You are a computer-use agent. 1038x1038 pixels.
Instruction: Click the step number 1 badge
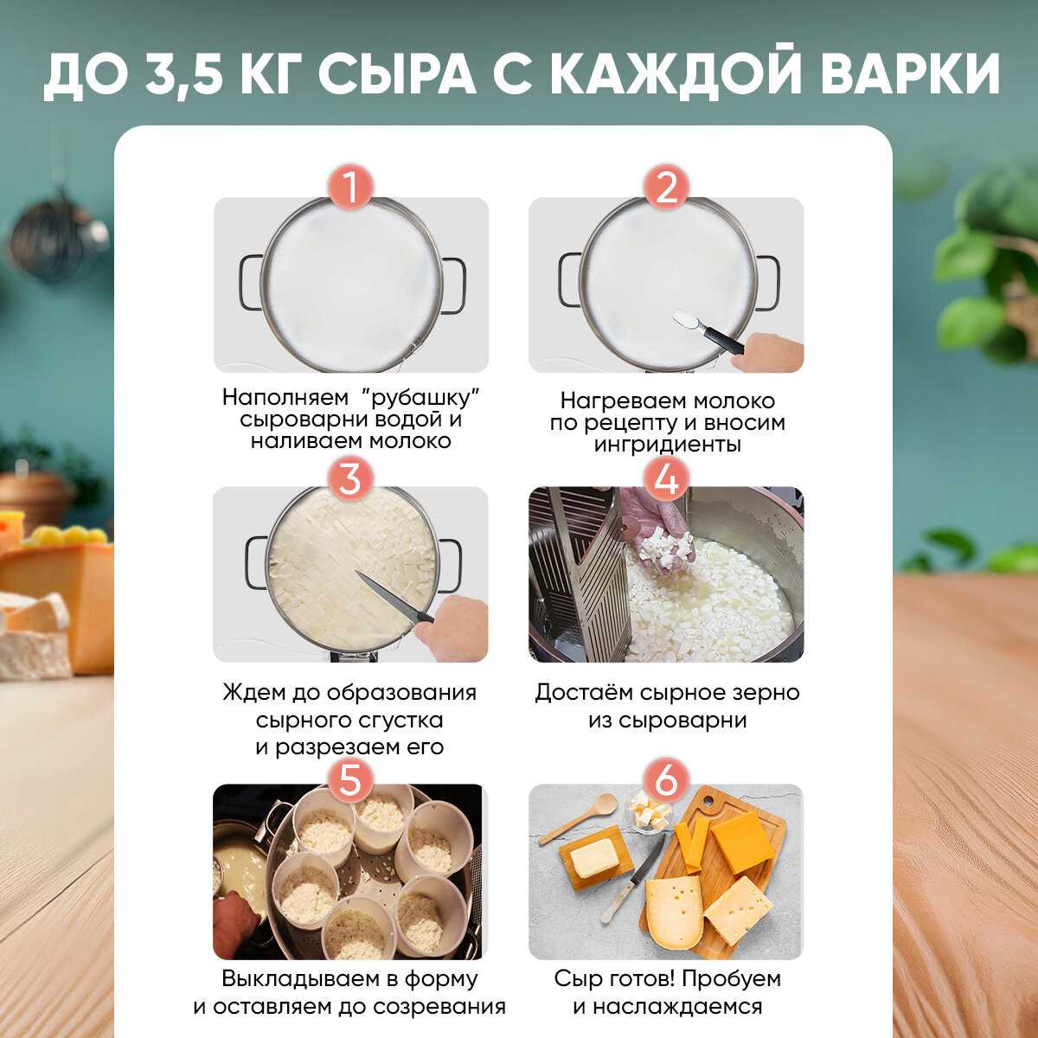[x=350, y=188]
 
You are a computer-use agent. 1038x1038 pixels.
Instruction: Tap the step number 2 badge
[x=666, y=188]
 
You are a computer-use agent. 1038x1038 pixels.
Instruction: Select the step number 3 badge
[x=350, y=479]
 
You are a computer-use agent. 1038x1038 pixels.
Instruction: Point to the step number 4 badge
[x=666, y=479]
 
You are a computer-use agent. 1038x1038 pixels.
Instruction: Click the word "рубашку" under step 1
[x=418, y=398]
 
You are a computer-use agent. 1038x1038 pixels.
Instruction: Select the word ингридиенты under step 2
[x=667, y=445]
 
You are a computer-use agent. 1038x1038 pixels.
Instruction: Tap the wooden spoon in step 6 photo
[x=577, y=818]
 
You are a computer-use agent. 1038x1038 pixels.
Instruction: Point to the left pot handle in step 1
[x=251, y=284]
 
